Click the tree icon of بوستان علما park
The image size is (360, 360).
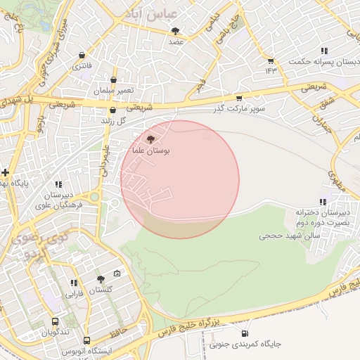click(150, 140)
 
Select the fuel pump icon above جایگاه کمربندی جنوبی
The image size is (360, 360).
click(244, 333)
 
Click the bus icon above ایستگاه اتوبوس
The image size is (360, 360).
click(86, 340)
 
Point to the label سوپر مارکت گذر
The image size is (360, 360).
click(241, 109)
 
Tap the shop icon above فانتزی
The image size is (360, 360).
click(83, 55)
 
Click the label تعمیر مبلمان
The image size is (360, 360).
click(113, 91)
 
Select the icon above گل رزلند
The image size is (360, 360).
click(112, 110)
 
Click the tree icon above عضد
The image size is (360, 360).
click(175, 31)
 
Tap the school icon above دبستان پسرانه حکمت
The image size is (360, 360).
click(323, 51)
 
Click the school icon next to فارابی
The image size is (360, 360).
click(74, 283)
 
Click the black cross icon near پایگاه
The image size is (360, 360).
click(5, 172)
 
